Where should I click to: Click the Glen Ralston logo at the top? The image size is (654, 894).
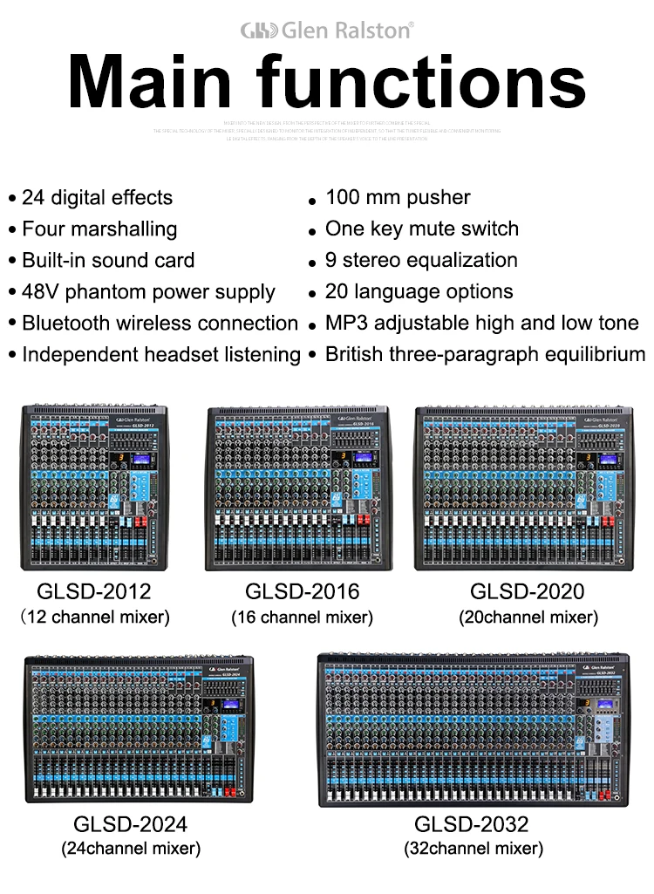(326, 31)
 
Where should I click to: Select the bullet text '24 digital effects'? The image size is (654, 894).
(97, 197)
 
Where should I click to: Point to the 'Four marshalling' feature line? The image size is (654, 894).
(99, 229)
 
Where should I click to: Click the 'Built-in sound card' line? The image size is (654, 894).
(108, 260)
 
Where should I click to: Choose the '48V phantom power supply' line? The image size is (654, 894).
(148, 291)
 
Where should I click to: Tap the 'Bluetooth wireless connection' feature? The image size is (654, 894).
(160, 323)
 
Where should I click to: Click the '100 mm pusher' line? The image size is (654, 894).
(398, 197)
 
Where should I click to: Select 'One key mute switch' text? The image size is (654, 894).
(422, 229)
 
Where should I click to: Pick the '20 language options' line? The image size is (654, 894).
(419, 291)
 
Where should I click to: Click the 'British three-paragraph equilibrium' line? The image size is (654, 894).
(485, 354)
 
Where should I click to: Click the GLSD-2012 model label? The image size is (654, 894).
(94, 591)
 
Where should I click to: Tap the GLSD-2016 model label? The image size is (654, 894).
(302, 591)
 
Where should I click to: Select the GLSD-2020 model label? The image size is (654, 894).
(528, 591)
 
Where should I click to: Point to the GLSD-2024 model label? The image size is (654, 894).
(130, 823)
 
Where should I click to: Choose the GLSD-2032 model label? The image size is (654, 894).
(472, 823)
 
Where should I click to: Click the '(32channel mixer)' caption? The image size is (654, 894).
(473, 848)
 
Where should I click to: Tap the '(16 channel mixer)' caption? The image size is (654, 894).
(302, 618)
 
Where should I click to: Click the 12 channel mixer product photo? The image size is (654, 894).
(95, 487)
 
